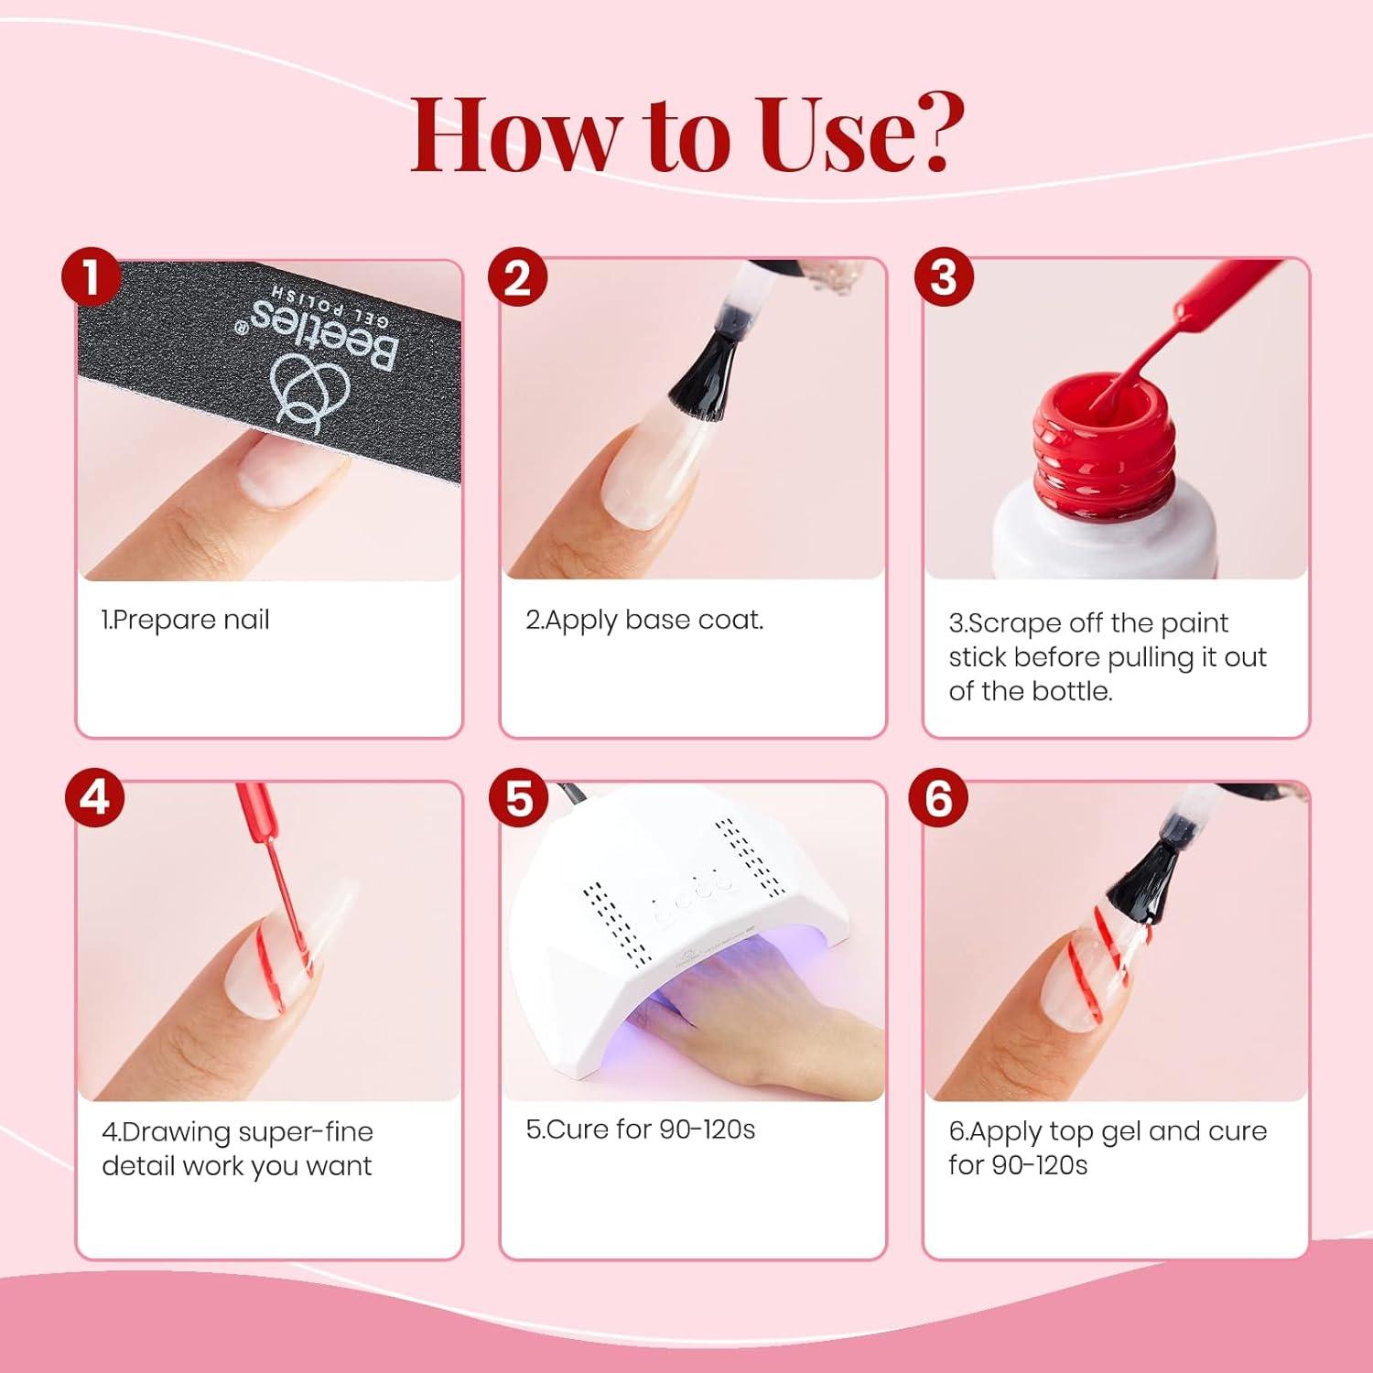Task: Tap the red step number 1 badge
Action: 92,278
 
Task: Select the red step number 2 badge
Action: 517,278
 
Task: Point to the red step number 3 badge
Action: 943,278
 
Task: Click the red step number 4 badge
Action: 94,797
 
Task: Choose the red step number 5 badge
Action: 519,797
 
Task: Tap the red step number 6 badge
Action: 939,797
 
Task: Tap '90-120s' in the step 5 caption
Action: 708,1130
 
